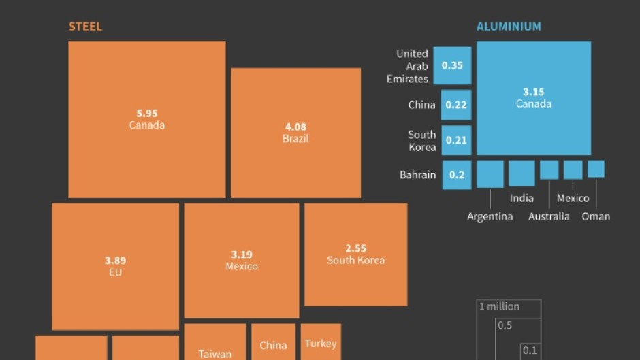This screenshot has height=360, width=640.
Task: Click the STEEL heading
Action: (x=85, y=27)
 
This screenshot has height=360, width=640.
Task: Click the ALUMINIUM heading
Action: (x=509, y=27)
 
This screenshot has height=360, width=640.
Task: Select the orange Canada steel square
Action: (x=146, y=119)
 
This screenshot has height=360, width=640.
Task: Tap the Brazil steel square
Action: (x=295, y=132)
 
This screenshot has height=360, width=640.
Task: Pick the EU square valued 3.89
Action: (x=115, y=266)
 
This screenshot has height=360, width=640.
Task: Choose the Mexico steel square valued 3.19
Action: (x=242, y=260)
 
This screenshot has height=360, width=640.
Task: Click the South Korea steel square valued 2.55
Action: (x=355, y=254)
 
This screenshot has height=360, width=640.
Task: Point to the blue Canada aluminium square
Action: (x=534, y=98)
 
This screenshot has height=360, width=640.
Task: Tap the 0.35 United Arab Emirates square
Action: (x=452, y=65)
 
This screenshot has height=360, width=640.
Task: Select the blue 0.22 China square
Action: (x=455, y=105)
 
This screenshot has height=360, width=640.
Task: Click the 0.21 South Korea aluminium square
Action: (x=456, y=140)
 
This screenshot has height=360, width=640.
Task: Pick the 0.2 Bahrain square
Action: (x=456, y=175)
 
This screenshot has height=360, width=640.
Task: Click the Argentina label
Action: (x=490, y=216)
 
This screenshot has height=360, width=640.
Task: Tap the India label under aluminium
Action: (x=522, y=198)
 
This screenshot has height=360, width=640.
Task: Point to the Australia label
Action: (x=549, y=216)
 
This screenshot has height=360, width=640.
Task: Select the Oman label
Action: (x=596, y=216)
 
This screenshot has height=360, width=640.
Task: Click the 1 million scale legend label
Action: (x=499, y=306)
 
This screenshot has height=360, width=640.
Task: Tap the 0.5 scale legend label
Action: (x=505, y=325)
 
